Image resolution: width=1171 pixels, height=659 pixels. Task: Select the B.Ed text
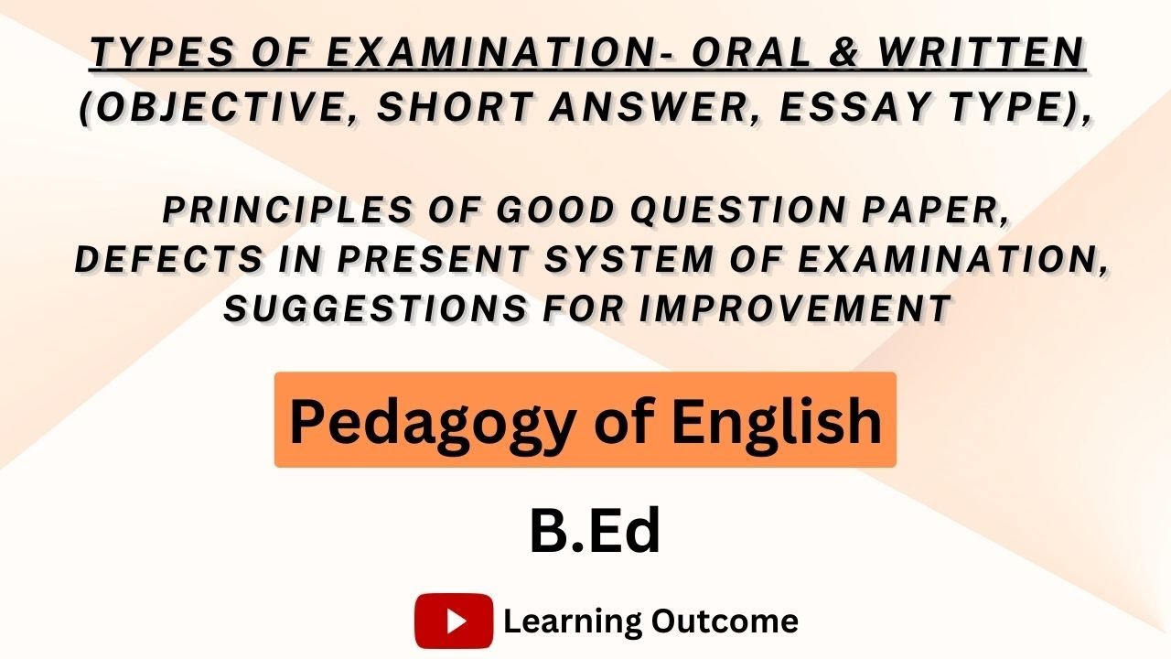tap(595, 534)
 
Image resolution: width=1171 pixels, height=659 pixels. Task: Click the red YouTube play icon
tap(454, 621)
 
